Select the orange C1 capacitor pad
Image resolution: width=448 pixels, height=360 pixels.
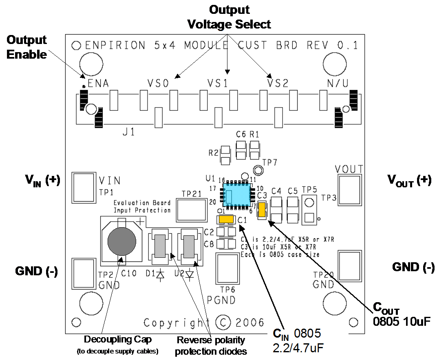pyautogui.click(x=226, y=220)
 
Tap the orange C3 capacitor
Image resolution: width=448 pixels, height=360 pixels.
pyautogui.click(x=262, y=211)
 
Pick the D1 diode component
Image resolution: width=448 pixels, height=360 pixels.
pyautogui.click(x=160, y=246)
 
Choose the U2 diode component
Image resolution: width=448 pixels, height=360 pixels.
pyautogui.click(x=189, y=246)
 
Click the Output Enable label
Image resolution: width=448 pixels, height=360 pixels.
pyautogui.click(x=26, y=47)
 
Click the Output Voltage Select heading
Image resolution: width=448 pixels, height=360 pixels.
pyautogui.click(x=229, y=17)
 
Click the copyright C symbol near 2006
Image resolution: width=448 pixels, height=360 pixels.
pyautogui.click(x=223, y=323)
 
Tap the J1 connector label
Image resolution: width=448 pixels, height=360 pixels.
pyautogui.click(x=128, y=133)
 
